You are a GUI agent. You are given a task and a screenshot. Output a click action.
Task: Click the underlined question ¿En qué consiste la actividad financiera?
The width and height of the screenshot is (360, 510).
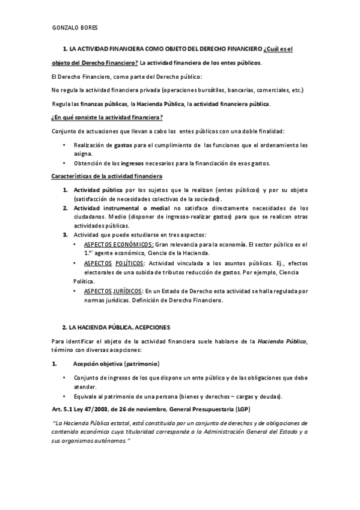[x=108, y=117]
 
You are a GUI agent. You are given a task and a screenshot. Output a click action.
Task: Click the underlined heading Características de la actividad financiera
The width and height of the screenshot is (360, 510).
[x=107, y=176]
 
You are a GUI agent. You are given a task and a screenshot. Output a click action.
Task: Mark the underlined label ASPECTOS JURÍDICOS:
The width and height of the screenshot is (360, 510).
[x=114, y=291]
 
